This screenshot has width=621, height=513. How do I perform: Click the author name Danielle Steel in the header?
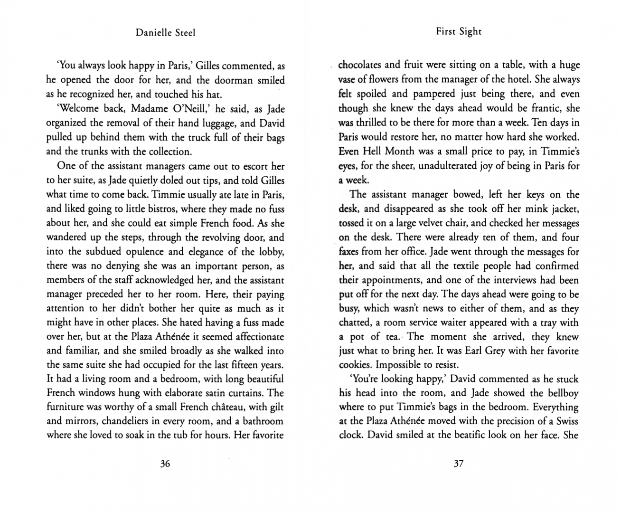pos(165,32)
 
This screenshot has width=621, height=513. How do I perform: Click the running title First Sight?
pos(458,31)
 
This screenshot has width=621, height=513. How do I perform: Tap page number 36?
pos(165,464)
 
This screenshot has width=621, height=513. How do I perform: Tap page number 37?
pos(458,464)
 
